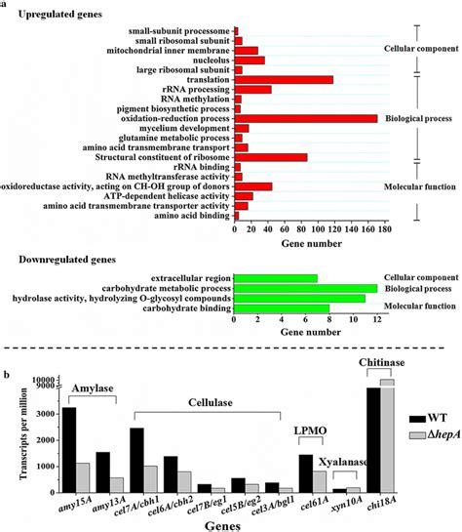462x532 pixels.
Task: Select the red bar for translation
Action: (x=284, y=79)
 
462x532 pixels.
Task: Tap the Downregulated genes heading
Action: (x=72, y=260)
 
